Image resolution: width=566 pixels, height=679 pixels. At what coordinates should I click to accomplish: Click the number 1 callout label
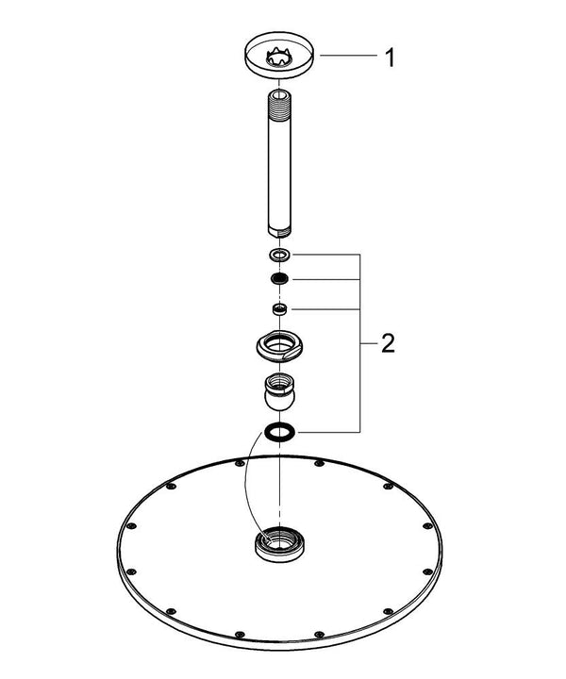tap(389, 58)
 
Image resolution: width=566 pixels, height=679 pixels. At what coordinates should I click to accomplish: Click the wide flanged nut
tap(280, 346)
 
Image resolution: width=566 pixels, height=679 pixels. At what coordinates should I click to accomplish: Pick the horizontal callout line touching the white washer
tap(325, 255)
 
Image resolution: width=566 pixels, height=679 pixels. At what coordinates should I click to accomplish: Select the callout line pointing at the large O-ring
tap(325, 432)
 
